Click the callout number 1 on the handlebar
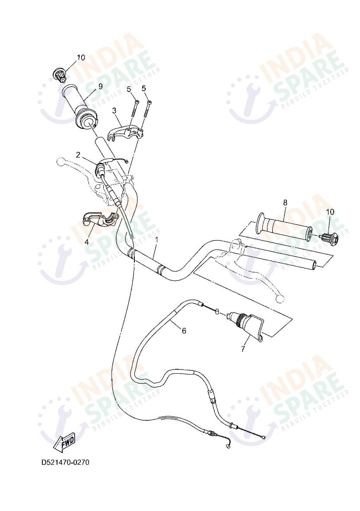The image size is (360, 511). pos(157,239)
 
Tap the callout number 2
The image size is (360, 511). pos(78,155)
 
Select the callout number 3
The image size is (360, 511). pos(114,111)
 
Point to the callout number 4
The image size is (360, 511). pos(87,242)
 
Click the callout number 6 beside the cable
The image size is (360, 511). pos(184,331)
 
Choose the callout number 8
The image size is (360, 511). pos(285,202)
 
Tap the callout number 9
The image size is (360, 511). pos(100,86)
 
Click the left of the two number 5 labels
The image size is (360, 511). pos(129,89)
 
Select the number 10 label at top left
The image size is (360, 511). pos(81,57)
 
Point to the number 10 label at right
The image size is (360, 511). pos(330,212)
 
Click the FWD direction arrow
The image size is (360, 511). pos(64,441)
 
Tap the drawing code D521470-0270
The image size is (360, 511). pos(65,462)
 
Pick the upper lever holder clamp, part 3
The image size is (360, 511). pos(126,131)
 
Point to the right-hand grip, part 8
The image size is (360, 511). pos(283,227)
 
